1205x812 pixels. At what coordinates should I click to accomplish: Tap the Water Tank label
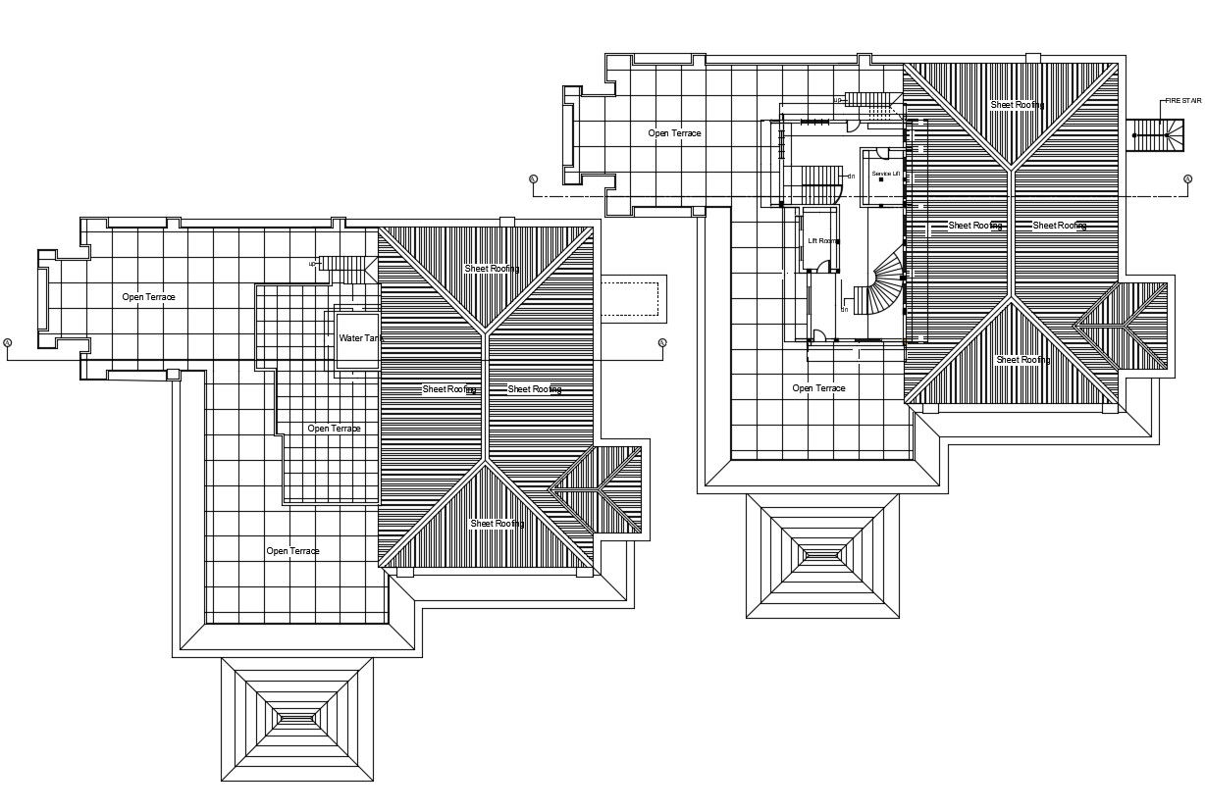[360, 338]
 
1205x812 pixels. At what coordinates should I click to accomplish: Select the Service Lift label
[885, 174]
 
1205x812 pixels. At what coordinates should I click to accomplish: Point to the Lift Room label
[822, 240]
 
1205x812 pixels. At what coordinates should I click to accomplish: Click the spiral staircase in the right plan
[881, 284]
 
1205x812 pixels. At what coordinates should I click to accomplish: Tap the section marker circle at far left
[8, 342]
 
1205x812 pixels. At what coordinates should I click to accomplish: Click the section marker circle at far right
[1187, 178]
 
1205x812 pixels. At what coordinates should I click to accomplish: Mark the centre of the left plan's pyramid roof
[296, 719]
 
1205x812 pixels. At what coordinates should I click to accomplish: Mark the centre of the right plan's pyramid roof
[822, 556]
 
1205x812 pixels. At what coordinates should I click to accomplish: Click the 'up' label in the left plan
[313, 263]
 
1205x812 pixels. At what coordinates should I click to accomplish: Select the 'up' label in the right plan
[838, 100]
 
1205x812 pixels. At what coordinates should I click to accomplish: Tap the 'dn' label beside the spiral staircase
[844, 309]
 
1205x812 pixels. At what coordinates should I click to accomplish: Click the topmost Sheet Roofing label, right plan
[1017, 105]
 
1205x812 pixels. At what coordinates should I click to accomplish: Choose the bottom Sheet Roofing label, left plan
[497, 524]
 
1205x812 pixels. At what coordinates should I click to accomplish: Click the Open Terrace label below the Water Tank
[334, 429]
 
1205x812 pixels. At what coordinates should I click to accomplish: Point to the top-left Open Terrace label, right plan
[674, 132]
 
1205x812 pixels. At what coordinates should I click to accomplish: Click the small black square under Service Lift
[882, 180]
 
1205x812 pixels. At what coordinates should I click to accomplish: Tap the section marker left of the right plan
[533, 178]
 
